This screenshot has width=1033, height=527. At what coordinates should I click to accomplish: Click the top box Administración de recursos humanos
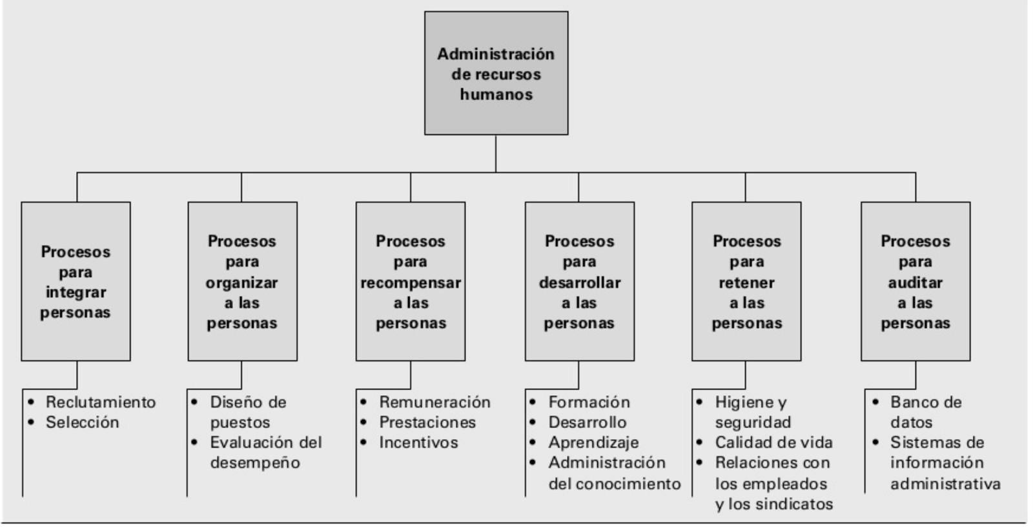click(x=496, y=73)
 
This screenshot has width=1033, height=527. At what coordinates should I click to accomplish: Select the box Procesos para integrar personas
click(x=76, y=282)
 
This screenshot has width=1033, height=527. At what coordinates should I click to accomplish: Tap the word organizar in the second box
click(x=242, y=283)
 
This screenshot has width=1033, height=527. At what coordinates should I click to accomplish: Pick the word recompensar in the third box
click(x=411, y=283)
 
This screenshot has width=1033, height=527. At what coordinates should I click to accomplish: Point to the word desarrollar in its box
click(x=579, y=283)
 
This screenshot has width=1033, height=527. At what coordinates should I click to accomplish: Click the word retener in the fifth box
click(x=746, y=283)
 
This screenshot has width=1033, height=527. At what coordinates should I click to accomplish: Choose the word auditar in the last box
click(x=915, y=283)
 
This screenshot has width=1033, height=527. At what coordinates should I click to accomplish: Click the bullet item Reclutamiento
click(x=101, y=402)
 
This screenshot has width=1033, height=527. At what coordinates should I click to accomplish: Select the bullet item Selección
click(x=82, y=422)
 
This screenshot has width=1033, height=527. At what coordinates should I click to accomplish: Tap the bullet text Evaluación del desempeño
click(x=265, y=452)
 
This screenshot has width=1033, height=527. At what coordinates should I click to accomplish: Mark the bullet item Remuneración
click(x=435, y=402)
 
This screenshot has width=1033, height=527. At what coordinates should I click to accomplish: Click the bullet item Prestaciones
click(x=427, y=422)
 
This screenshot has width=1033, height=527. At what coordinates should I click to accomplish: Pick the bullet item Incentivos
click(x=418, y=443)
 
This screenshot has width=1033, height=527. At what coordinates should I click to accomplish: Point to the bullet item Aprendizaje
click(x=593, y=443)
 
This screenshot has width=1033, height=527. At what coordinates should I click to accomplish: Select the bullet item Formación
click(x=589, y=402)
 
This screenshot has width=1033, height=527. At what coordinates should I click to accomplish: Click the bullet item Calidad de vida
click(x=773, y=443)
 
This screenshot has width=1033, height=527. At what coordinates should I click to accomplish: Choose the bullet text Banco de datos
click(x=925, y=412)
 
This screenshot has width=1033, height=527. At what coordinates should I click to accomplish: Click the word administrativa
click(x=945, y=484)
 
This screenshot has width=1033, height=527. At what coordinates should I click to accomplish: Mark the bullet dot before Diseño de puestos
click(x=194, y=402)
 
